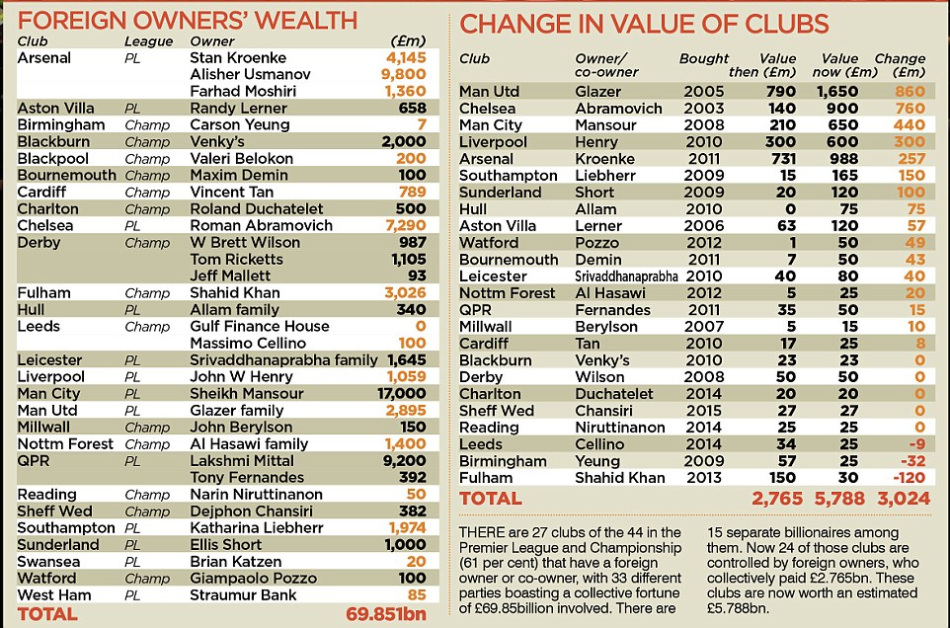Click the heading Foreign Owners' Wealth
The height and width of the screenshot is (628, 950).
[187, 19]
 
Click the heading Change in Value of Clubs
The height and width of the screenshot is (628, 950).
[645, 24]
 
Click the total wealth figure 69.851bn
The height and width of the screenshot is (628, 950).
[386, 613]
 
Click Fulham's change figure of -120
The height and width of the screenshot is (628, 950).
[909, 478]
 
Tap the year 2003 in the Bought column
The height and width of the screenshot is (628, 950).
[704, 109]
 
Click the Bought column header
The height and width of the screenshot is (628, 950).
[704, 58]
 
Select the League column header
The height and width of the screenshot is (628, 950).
[148, 41]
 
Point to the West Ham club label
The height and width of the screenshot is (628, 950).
[53, 594]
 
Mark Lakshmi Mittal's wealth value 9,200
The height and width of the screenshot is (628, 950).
[402, 460]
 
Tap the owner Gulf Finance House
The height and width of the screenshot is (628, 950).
[259, 326]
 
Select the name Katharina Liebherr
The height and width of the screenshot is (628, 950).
[253, 527]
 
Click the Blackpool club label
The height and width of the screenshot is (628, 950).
[52, 158]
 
